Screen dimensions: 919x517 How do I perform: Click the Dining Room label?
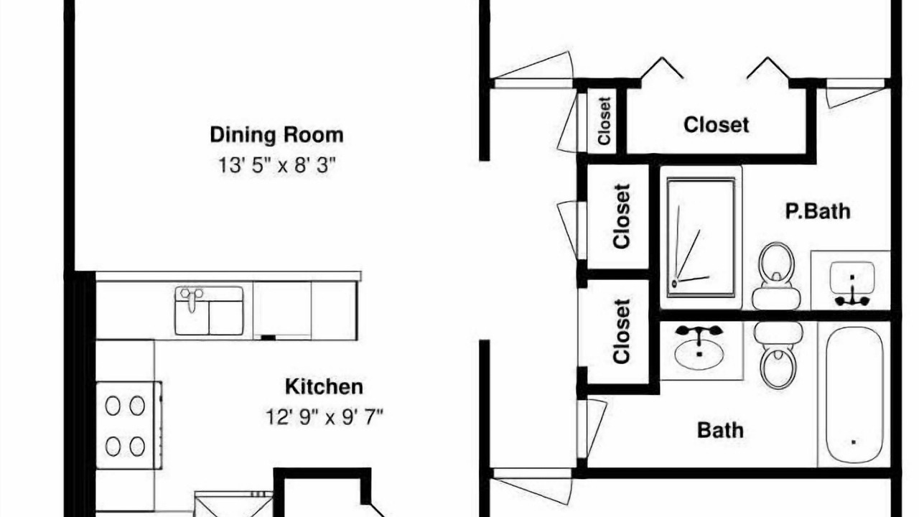[x=276, y=136]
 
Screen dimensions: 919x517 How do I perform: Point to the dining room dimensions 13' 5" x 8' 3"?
[x=276, y=165]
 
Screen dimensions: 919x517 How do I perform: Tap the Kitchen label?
[x=324, y=387]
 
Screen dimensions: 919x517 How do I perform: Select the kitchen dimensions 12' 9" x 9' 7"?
[x=324, y=417]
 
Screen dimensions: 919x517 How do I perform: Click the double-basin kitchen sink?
[x=209, y=311]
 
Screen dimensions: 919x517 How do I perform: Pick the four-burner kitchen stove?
[x=129, y=426]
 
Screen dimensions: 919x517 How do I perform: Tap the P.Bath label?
[x=818, y=211]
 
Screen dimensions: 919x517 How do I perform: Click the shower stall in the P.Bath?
[x=701, y=237]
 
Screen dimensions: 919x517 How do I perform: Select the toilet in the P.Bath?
[x=776, y=276]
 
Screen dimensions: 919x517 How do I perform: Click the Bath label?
[x=720, y=430]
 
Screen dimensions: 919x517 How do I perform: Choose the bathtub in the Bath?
[x=854, y=395]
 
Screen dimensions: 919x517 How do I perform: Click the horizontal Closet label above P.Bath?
[x=716, y=125]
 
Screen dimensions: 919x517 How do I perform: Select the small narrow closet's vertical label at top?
[x=605, y=121]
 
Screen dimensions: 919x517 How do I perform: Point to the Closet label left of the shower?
[x=621, y=216]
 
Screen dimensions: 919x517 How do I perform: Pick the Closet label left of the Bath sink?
[x=621, y=332]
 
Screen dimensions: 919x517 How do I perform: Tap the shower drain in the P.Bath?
[x=674, y=284]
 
